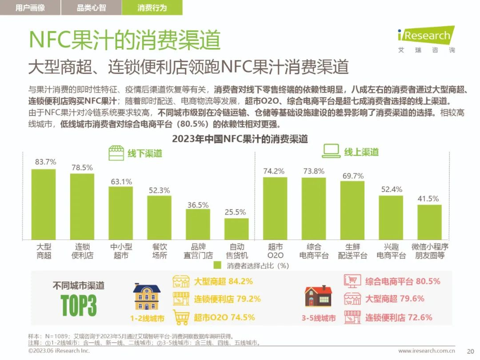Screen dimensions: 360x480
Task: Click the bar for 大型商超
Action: (x=44, y=204)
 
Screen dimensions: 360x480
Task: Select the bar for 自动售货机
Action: (x=236, y=229)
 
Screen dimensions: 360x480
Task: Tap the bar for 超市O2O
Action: (x=275, y=208)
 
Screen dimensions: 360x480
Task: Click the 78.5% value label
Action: (x=82, y=168)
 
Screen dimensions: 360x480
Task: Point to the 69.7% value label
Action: (x=352, y=176)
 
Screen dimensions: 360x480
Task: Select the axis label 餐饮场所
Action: (x=160, y=251)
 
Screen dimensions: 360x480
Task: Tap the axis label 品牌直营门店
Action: (x=198, y=251)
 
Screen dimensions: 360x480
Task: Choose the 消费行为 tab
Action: (x=152, y=8)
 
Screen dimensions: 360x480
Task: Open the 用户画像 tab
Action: (x=30, y=8)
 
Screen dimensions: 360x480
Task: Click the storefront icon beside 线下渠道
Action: (x=116, y=153)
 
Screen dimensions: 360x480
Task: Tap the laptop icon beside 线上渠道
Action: (x=331, y=152)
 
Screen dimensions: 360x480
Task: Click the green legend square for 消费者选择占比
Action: (x=217, y=266)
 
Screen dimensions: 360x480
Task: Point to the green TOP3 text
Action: (x=79, y=304)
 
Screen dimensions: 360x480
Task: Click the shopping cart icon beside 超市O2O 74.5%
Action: (x=181, y=317)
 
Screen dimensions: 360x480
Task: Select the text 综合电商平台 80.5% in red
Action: (x=403, y=281)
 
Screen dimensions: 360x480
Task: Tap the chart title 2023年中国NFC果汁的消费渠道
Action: (x=240, y=139)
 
